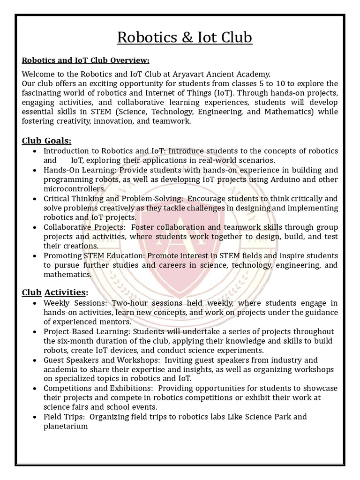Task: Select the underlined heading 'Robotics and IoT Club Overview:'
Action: click(x=86, y=60)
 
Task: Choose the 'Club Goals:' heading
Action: click(x=46, y=141)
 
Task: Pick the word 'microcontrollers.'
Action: click(x=75, y=188)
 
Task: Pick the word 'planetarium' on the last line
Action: click(x=66, y=426)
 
